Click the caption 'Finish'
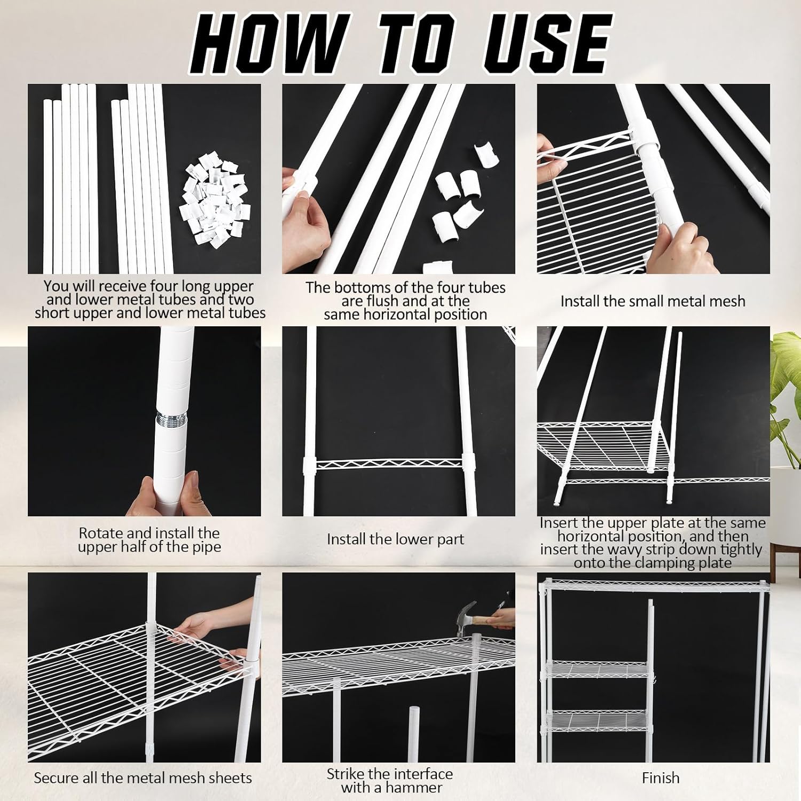coord(661,778)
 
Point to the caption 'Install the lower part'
coord(395,539)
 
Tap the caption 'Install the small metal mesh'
coord(653,301)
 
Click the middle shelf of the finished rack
coord(598,670)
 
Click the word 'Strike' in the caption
coord(346,774)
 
